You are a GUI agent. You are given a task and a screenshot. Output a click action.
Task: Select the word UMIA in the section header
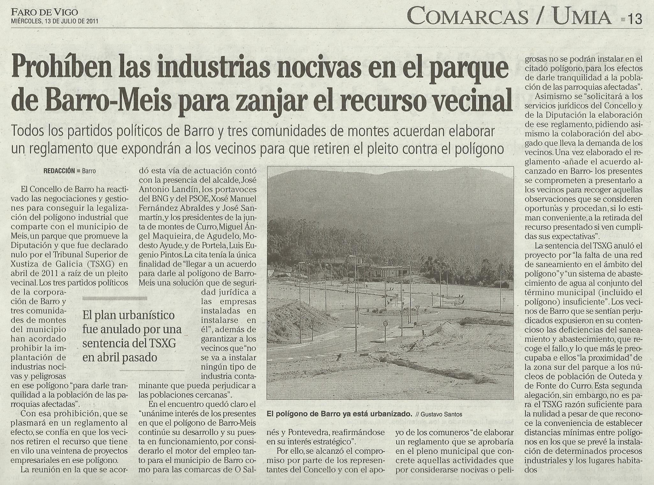tap(582, 17)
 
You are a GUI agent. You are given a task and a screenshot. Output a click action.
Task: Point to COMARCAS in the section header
tap(467, 17)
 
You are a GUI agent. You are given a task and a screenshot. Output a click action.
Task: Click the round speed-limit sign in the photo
tap(385, 323)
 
